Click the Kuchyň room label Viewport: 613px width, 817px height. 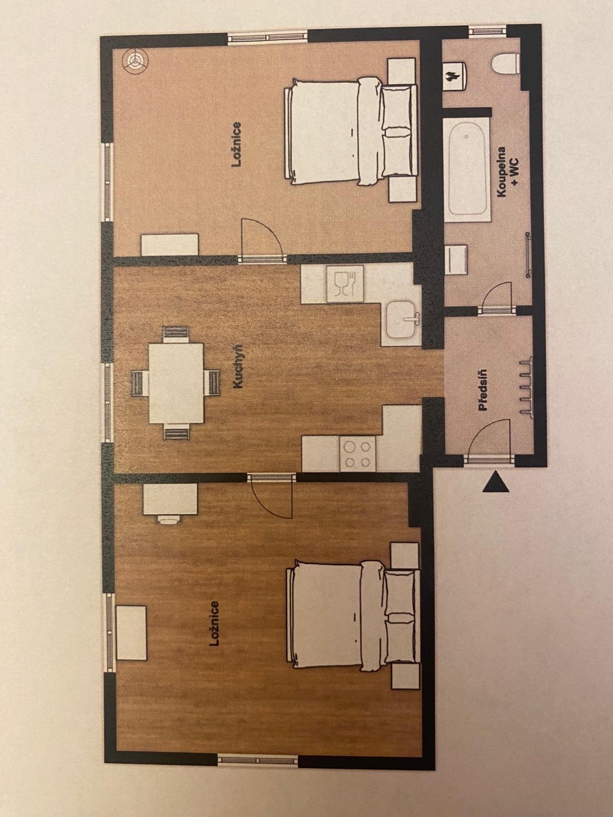(238, 367)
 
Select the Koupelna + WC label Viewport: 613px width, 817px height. (509, 172)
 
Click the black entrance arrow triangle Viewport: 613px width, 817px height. (496, 482)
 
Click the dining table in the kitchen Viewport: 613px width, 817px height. (176, 383)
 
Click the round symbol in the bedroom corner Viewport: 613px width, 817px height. (135, 60)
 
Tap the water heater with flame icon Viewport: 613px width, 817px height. (455, 76)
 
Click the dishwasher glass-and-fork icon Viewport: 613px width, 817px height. (345, 283)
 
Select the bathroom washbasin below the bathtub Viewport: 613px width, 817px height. (456, 259)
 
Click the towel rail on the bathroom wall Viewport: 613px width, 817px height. (527, 255)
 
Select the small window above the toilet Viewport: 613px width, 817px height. (487, 31)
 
